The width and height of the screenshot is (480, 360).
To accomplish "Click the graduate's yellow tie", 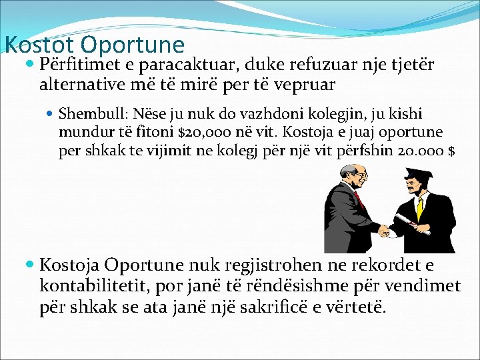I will point(419,208).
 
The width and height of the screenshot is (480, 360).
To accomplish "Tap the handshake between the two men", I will point(384,231).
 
